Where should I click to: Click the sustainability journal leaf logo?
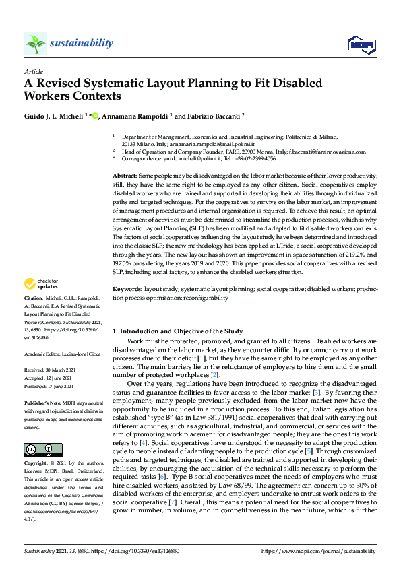(x=35, y=44)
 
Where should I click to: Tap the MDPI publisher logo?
(x=361, y=44)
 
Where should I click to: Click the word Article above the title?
(x=34, y=71)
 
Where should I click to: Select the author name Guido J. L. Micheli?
(x=57, y=116)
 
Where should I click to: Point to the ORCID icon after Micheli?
(x=96, y=116)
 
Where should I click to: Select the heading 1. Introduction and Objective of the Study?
(x=177, y=331)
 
